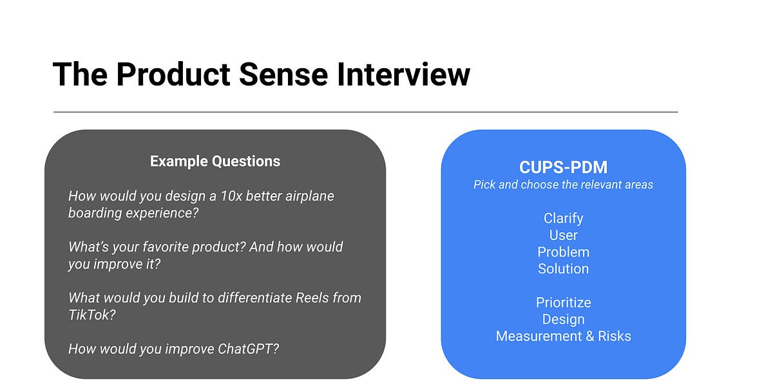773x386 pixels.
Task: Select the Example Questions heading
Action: [215, 161]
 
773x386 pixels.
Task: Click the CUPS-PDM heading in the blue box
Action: [563, 167]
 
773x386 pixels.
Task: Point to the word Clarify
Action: [563, 219]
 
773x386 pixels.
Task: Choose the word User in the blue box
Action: [563, 235]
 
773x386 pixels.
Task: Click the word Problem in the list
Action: [563, 252]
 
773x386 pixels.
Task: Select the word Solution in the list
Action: [563, 269]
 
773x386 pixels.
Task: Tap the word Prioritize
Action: [563, 302]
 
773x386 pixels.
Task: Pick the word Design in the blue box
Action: [563, 319]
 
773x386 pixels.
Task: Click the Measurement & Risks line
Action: [563, 336]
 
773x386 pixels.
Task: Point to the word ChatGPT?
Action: [247, 349]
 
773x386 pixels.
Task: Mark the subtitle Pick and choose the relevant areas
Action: [563, 185]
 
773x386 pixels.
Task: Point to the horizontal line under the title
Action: [365, 112]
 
